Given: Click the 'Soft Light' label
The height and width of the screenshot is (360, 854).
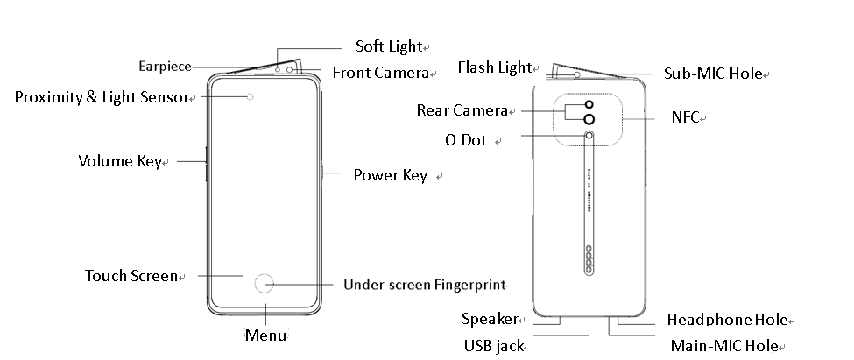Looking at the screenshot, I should click(x=388, y=46).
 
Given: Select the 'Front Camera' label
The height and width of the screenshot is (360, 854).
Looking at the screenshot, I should click(x=379, y=73).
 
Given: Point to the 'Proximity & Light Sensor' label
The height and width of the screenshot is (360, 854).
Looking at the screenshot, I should click(x=101, y=97).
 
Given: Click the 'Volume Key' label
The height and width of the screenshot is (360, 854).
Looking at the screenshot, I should click(x=120, y=161).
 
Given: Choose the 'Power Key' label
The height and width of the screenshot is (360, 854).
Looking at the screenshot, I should click(x=390, y=175).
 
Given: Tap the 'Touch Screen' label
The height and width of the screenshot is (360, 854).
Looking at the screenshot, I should click(x=131, y=276).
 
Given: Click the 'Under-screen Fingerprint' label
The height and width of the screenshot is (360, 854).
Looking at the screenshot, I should click(x=425, y=285).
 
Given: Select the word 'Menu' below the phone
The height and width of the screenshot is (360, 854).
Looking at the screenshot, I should click(x=265, y=335).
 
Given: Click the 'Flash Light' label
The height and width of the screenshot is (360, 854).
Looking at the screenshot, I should click(x=494, y=67).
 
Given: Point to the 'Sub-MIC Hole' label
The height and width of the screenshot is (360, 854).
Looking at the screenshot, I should click(x=713, y=74).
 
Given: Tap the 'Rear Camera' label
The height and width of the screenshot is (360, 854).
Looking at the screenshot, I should click(x=462, y=110).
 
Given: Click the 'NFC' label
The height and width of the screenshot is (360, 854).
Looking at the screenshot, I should click(x=685, y=117).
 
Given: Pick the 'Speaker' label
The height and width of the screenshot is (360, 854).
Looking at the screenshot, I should click(x=489, y=320).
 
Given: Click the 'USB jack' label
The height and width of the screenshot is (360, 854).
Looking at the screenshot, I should click(x=493, y=345).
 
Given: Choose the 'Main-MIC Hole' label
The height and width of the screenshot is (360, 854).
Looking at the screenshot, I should click(x=723, y=346).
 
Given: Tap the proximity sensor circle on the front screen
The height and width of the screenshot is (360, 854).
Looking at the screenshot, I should click(x=251, y=96).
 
